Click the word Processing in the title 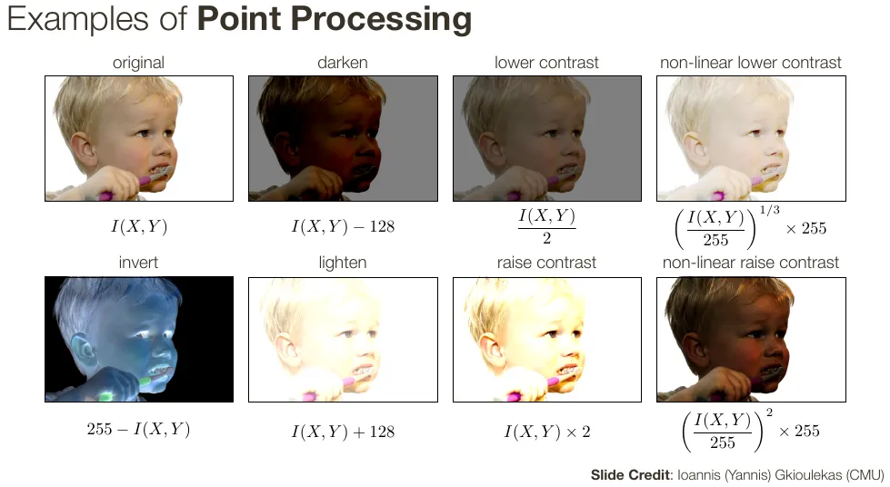(x=381, y=19)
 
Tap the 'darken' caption (x=342, y=63)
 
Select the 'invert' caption (x=138, y=263)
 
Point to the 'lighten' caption (x=342, y=263)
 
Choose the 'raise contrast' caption (x=546, y=263)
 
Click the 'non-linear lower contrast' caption (x=750, y=63)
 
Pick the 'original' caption (x=138, y=63)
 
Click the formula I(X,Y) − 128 (x=343, y=226)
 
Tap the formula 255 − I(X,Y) (x=138, y=429)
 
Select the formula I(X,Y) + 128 (x=343, y=432)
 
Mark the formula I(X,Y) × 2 (x=547, y=432)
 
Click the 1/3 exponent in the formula (x=769, y=210)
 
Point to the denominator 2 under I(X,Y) (x=546, y=238)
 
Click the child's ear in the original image (x=84, y=151)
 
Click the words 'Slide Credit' (x=631, y=475)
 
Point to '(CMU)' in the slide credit (x=865, y=475)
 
